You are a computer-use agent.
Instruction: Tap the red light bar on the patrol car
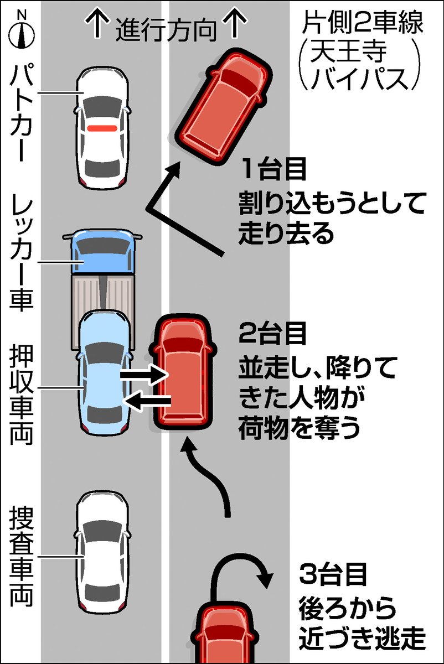pos(102,128)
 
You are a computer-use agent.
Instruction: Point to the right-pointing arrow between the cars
pos(143,375)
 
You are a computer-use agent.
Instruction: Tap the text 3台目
pos(332,575)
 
